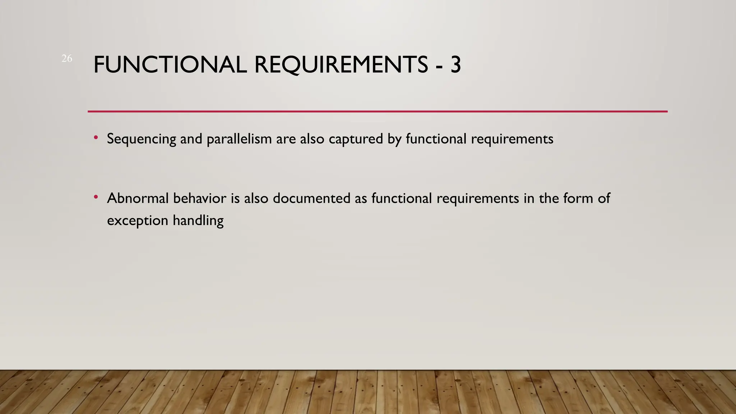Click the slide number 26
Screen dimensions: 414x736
point(67,58)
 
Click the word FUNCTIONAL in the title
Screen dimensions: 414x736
point(170,65)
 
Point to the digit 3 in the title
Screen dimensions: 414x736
point(455,65)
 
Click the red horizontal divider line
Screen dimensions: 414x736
point(377,111)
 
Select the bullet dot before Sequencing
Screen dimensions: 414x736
point(96,137)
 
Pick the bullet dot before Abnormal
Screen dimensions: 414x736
point(96,197)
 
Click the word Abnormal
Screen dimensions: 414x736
point(138,198)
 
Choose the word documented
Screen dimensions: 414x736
point(311,198)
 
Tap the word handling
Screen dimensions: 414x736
point(198,221)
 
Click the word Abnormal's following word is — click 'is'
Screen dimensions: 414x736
point(235,198)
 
